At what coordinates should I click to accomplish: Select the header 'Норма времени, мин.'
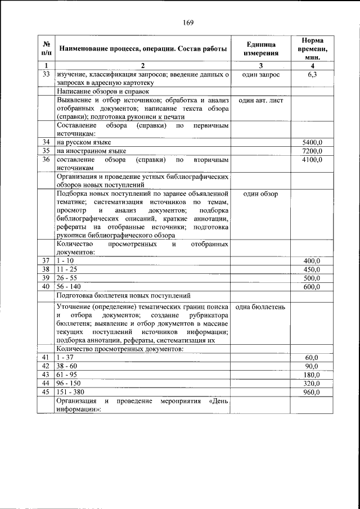click(x=312, y=48)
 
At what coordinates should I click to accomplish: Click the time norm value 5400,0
click(x=312, y=142)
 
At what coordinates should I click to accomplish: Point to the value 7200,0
click(x=312, y=151)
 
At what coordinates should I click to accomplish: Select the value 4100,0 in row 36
click(x=312, y=160)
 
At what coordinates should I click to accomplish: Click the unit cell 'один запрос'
click(x=260, y=74)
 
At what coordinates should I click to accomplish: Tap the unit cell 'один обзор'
click(x=260, y=193)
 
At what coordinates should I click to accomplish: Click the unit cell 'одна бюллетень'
click(x=260, y=307)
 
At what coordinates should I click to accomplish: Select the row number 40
click(x=46, y=287)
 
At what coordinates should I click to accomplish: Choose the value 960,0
click(x=312, y=392)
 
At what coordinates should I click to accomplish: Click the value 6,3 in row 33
click(x=312, y=74)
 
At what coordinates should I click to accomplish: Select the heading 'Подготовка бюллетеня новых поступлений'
click(x=124, y=295)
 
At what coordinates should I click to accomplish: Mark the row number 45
click(x=46, y=392)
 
